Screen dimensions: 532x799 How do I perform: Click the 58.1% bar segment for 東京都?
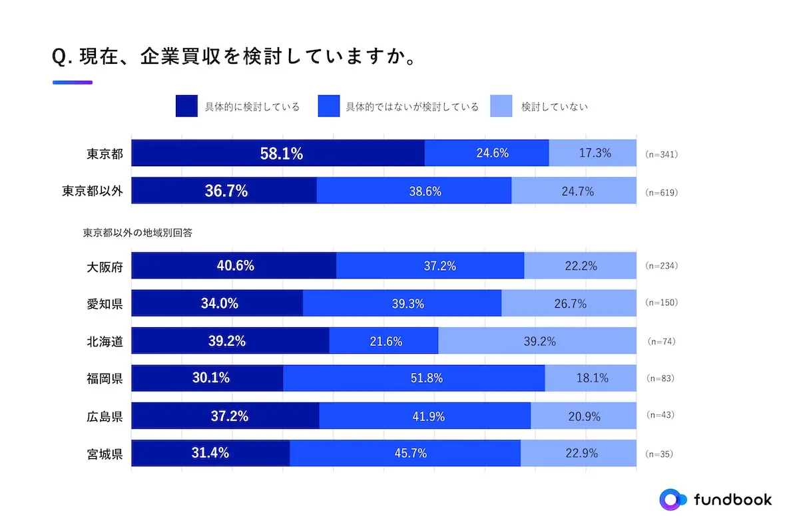pos(278,153)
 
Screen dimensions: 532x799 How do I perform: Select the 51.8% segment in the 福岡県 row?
pos(413,378)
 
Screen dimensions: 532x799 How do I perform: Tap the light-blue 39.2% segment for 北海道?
pos(537,341)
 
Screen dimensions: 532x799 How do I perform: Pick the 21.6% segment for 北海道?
pos(384,341)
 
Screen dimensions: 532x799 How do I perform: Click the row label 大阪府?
pos(105,266)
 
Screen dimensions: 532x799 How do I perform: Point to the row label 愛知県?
pos(105,304)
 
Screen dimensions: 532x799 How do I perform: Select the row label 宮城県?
pos(105,454)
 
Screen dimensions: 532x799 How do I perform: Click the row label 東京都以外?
pos(93,192)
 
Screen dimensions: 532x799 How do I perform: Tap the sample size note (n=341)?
pos(661,154)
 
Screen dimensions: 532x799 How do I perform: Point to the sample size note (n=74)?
pos(661,341)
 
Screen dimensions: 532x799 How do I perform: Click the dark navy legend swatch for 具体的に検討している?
pos(186,106)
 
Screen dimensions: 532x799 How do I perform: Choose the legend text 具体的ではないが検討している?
pos(411,106)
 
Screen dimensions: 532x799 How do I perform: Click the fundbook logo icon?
pos(672,499)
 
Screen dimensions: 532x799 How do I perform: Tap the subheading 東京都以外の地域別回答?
pos(138,233)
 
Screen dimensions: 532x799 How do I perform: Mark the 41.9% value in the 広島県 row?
pos(425,416)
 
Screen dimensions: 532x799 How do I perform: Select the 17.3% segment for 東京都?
pos(593,153)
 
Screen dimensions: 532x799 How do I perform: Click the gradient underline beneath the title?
pos(72,82)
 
